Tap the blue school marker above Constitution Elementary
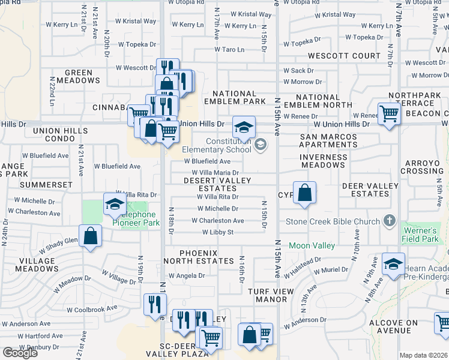244,127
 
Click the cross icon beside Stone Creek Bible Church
390,221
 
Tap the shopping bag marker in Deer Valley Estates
305,193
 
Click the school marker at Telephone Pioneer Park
113,206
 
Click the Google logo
20,353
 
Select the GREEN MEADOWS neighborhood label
79,77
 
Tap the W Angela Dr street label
187,276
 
